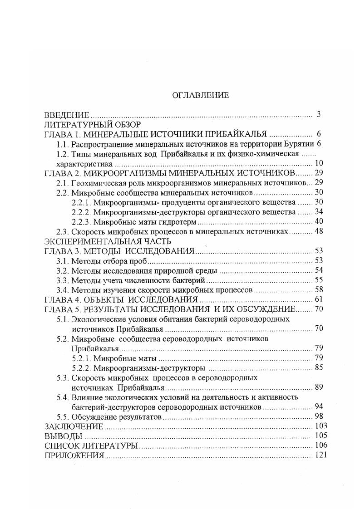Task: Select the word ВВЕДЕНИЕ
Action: pos(66,115)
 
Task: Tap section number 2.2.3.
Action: pos(81,222)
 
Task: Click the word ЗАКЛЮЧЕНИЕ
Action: pos(74,426)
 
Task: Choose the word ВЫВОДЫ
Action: pos(63,436)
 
